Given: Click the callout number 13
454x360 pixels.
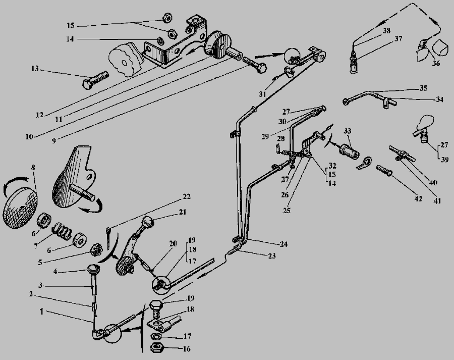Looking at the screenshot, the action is point(35,69).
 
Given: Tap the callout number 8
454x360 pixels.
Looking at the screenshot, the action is point(33,168).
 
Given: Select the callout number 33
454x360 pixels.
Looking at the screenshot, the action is point(348,131).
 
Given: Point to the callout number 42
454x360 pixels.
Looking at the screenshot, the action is point(418,199).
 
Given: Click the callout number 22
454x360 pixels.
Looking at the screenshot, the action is point(187,196).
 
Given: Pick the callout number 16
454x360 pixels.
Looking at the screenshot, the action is point(187,349).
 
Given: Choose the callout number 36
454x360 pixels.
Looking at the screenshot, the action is point(436,63).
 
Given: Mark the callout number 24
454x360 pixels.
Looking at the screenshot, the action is point(283,244).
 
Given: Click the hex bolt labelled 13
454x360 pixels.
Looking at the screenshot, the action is point(95,80).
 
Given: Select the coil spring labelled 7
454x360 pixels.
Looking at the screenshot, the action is point(62,231).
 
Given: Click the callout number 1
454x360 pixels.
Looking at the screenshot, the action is point(42,312).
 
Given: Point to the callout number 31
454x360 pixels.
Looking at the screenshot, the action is point(262,94).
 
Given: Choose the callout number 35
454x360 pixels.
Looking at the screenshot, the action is point(423,88).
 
